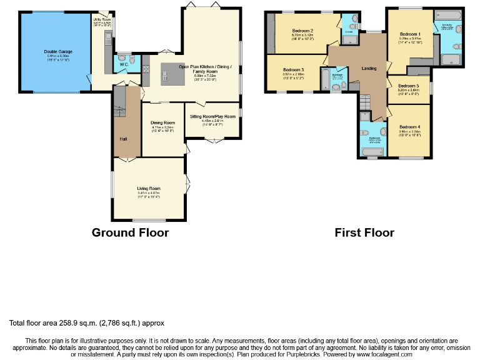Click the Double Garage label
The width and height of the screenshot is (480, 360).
point(56,51)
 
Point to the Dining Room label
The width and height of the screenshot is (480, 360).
point(163,122)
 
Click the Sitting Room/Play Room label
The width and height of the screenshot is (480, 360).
point(212,116)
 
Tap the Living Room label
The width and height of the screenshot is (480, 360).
point(149,188)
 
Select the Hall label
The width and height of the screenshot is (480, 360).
point(124,138)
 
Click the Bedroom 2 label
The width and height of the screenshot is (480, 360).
point(302,31)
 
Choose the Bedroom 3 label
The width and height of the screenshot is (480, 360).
point(293,69)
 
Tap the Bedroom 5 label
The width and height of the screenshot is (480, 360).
point(408,86)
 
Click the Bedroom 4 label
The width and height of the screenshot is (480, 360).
point(409,127)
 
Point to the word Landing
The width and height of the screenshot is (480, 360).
point(369,67)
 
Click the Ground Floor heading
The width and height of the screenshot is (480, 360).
point(130,232)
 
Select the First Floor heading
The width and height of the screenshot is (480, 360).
point(364,232)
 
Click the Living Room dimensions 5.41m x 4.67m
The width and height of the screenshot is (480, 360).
point(149,193)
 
